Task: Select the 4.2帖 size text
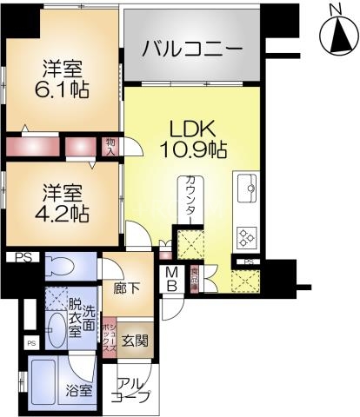65,210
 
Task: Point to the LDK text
192,129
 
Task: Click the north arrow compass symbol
337,36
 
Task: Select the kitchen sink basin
245,186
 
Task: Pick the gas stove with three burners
245,235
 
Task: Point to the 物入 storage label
110,147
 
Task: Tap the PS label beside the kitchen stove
249,261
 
